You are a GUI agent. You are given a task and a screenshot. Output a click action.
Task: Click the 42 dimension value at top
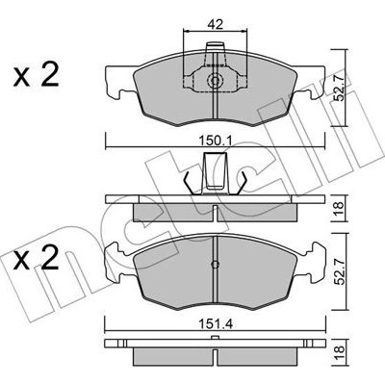[x=216, y=24]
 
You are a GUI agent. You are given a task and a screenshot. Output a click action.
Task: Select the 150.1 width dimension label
[x=216, y=141]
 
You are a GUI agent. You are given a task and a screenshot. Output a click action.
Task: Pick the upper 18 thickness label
[x=339, y=208]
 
